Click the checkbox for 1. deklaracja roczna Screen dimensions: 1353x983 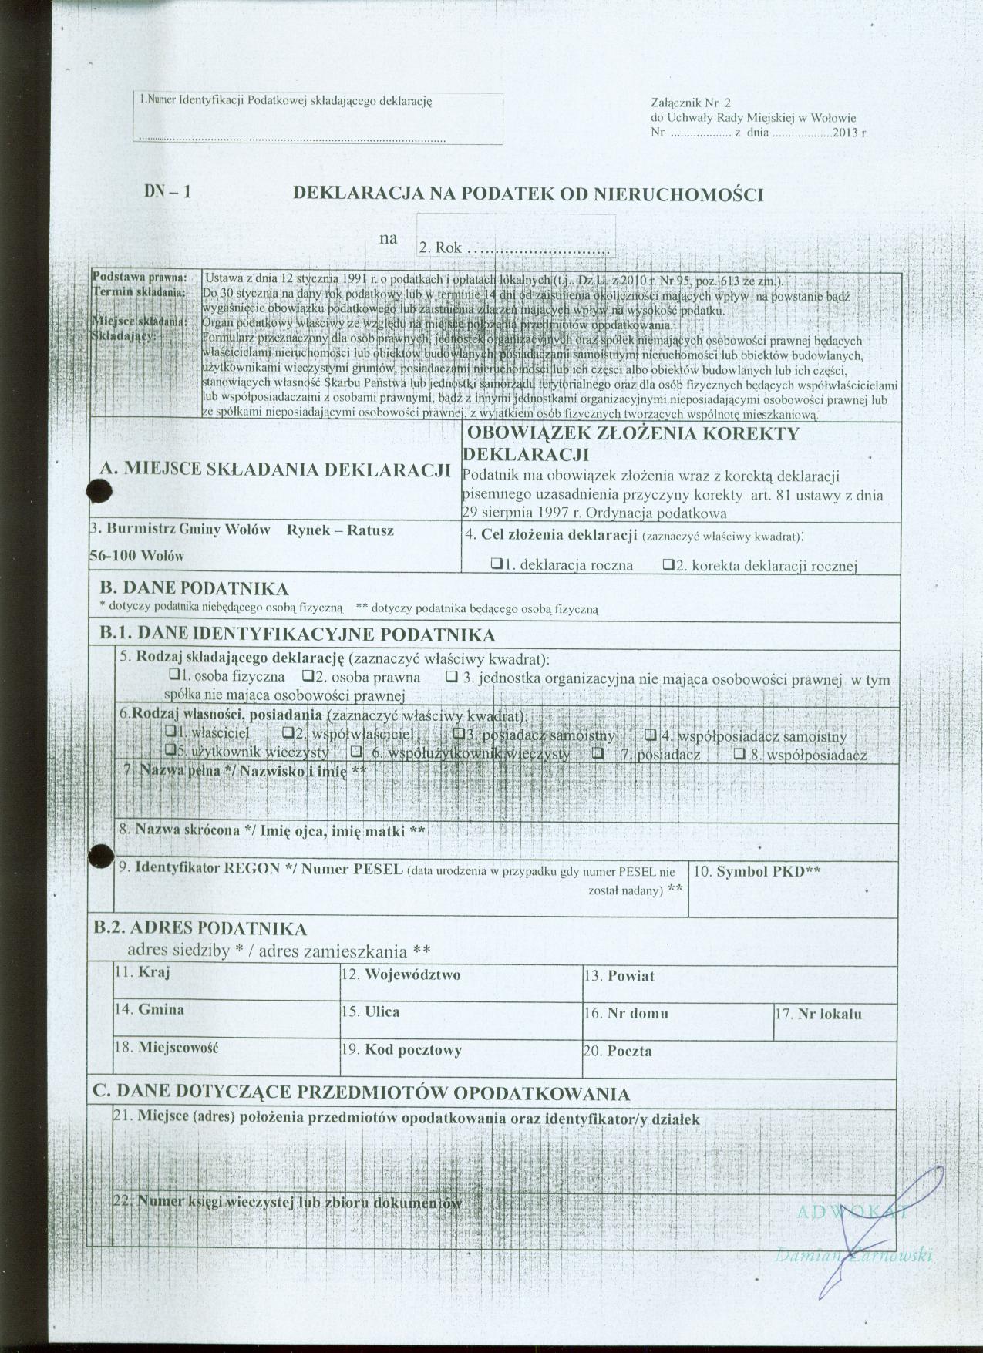[496, 564]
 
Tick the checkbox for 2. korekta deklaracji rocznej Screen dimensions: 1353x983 [668, 564]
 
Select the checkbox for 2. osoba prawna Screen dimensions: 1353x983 [308, 677]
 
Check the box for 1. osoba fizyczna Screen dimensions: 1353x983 [174, 676]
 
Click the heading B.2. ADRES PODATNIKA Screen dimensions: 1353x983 [200, 928]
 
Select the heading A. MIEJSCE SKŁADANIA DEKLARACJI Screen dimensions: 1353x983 [275, 470]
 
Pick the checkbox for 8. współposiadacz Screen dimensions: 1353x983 [739, 754]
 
